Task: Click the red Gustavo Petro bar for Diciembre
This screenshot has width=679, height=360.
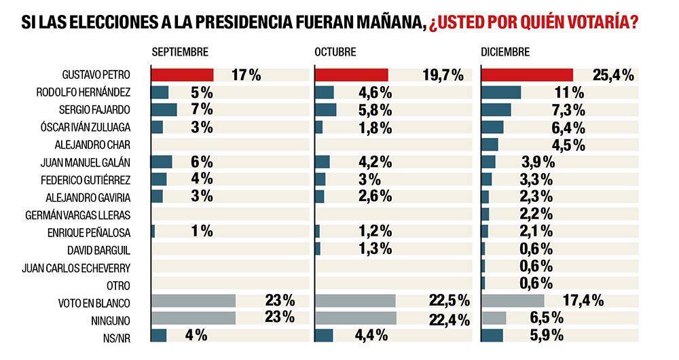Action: [x=527, y=75]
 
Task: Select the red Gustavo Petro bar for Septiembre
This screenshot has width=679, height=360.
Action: [x=182, y=75]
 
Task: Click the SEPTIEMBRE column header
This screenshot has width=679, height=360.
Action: [x=180, y=52]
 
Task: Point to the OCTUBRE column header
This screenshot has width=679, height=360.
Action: [x=335, y=52]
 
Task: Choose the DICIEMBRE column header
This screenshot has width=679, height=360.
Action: [x=506, y=52]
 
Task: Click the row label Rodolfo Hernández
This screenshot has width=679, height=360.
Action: [x=94, y=92]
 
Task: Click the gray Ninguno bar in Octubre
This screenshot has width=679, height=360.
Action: [x=356, y=318]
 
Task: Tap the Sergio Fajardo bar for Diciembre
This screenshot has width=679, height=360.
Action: [x=496, y=110]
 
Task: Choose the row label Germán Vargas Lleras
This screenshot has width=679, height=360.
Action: [x=88, y=214]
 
